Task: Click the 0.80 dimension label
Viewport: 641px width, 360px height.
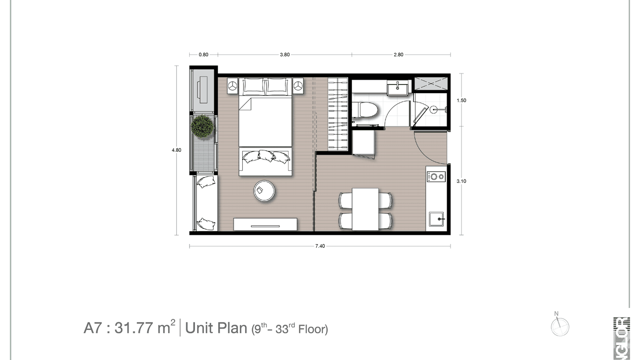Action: [x=203, y=54]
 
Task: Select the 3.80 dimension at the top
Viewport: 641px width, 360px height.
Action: [x=285, y=54]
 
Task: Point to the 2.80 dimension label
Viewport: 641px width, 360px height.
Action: [x=398, y=54]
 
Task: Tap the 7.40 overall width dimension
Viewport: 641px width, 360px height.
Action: [x=320, y=246]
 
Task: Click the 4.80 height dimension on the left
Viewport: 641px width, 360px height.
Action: [x=176, y=150]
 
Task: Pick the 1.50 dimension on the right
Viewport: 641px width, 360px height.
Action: [x=461, y=100]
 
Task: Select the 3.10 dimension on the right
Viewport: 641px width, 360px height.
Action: [x=461, y=181]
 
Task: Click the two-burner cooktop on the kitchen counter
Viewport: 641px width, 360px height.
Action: [x=436, y=177]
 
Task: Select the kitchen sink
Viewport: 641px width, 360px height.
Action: [x=437, y=220]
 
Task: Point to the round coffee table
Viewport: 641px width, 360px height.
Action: [x=264, y=191]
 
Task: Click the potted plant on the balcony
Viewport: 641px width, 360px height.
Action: [x=203, y=127]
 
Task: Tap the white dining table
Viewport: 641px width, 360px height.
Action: [x=365, y=209]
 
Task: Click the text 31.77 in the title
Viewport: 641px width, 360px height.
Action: [x=134, y=328]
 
